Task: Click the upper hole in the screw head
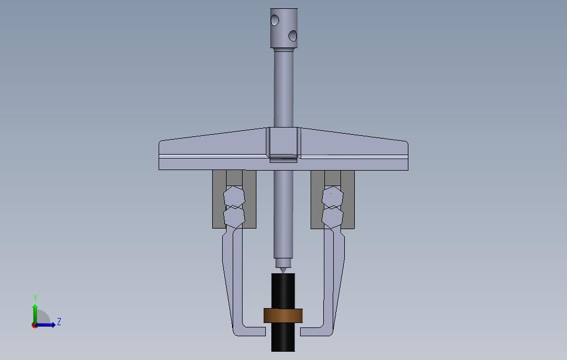(x=275, y=20)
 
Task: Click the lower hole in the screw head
(x=292, y=36)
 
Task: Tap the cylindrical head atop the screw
(x=284, y=28)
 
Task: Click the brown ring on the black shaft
(x=283, y=315)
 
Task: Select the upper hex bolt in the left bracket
(x=234, y=197)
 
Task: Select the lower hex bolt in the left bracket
(x=234, y=216)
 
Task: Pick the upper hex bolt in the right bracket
(x=332, y=197)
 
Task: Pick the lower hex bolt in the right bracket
(x=332, y=217)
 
